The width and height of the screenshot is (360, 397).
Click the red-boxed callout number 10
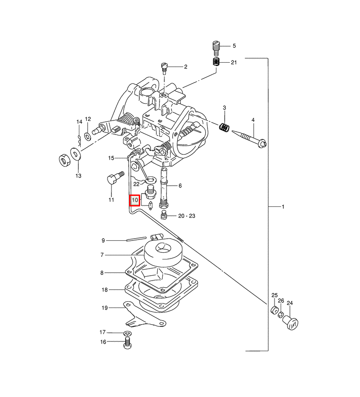point(135,200)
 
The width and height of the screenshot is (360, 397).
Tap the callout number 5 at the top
point(234,46)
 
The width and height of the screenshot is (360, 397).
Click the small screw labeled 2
point(164,67)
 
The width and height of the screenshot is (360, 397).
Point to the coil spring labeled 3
point(225,127)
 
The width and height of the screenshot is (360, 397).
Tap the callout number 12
point(88,119)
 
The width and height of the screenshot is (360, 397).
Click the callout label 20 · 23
point(186,216)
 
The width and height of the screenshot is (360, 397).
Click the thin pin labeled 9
point(138,241)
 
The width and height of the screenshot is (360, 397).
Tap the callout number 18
point(104,290)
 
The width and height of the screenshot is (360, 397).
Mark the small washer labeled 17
point(127,332)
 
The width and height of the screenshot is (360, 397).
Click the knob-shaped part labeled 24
point(291,322)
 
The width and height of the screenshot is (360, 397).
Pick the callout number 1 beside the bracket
point(283,206)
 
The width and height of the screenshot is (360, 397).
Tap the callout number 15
point(111,157)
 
